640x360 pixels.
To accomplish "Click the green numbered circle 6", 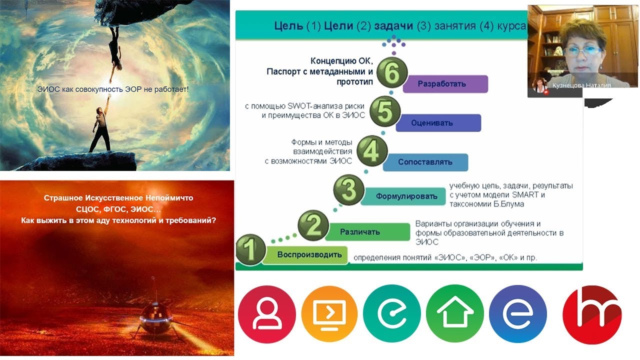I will point(391,74).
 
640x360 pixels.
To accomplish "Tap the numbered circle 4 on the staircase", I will point(370,151).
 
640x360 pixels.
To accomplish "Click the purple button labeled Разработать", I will point(445,84).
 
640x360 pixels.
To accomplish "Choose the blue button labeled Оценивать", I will point(438,122).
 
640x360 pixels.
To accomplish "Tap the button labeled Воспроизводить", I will point(309,254).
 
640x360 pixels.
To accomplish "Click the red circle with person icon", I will point(267,313).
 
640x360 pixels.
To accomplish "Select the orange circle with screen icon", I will point(329,313).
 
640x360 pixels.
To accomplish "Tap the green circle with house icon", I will point(455,313).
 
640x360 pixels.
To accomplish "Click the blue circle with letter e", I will point(518,313).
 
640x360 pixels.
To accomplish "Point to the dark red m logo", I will point(592,314).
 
